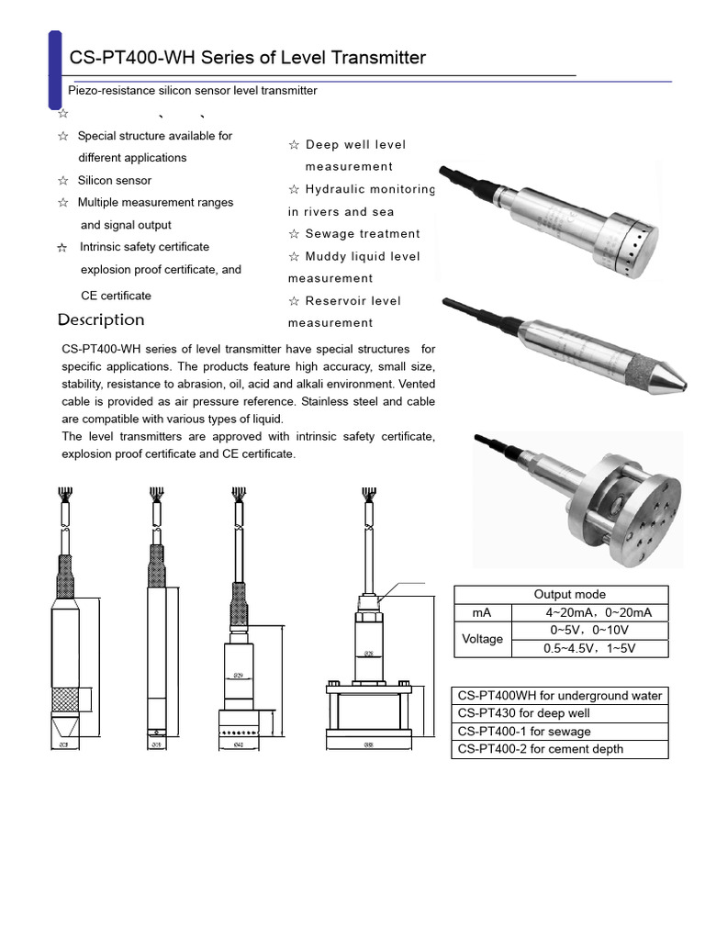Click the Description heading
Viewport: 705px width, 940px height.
[x=101, y=319]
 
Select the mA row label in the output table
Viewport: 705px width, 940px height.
[x=482, y=612]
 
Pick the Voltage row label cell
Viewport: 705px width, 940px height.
[x=482, y=639]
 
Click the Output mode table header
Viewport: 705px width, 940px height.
[x=569, y=594]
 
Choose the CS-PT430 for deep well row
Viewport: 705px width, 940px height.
[x=560, y=713]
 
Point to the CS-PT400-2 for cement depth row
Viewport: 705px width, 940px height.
[x=560, y=749]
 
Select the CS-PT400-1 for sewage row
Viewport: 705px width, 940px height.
[x=560, y=732]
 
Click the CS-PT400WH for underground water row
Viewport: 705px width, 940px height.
[x=560, y=696]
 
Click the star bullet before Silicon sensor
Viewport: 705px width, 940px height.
[x=62, y=181]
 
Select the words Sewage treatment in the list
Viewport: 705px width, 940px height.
[x=363, y=234]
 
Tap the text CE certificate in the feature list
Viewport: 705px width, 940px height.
[x=116, y=296]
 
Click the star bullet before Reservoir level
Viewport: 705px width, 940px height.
[x=294, y=301]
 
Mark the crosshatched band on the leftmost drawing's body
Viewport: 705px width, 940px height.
[x=66, y=699]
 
